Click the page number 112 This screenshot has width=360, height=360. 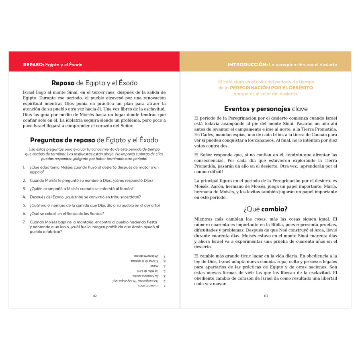[94, 296]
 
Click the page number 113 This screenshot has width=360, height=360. [266, 296]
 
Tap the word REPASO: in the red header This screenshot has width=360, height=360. [33, 65]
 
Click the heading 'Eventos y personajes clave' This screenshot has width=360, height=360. [266, 108]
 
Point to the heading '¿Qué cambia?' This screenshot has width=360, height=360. [266, 209]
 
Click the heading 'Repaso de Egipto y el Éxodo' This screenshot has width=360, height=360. [94, 83]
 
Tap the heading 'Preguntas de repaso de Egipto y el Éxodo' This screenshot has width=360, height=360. [94, 140]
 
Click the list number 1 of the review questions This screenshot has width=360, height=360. [24, 167]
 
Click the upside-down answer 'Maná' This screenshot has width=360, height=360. [154, 266]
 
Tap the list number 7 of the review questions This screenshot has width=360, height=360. [24, 222]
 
